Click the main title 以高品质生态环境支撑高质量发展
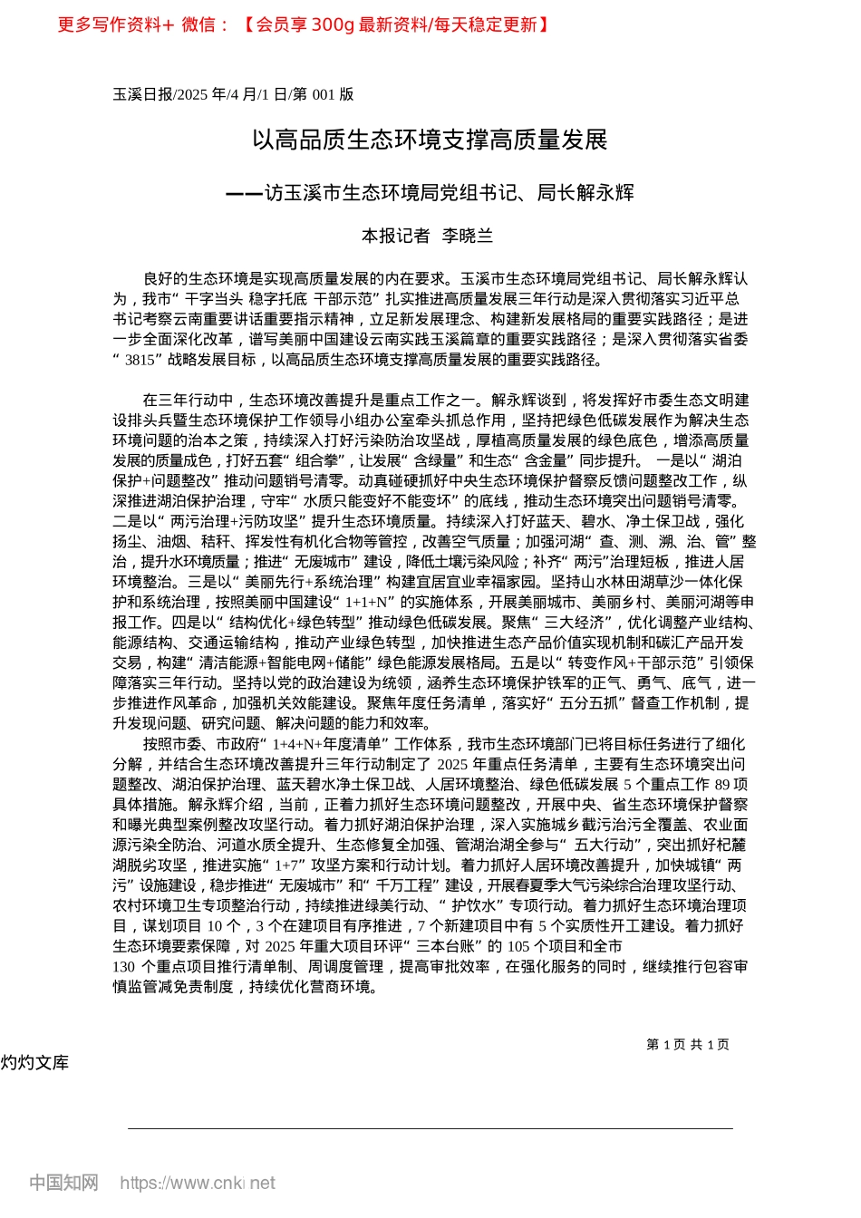(430, 140)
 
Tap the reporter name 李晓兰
(467, 236)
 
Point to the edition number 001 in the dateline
(323, 94)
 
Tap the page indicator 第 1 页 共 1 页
(688, 1044)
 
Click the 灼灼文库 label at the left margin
(34, 1062)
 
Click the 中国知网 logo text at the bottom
(63, 1183)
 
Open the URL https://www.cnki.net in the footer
(198, 1183)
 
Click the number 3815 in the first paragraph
(140, 360)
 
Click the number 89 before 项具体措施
(722, 784)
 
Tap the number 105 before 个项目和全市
(518, 946)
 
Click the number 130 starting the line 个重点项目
(123, 966)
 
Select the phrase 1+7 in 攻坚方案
(288, 865)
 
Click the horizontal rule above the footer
(430, 1128)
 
